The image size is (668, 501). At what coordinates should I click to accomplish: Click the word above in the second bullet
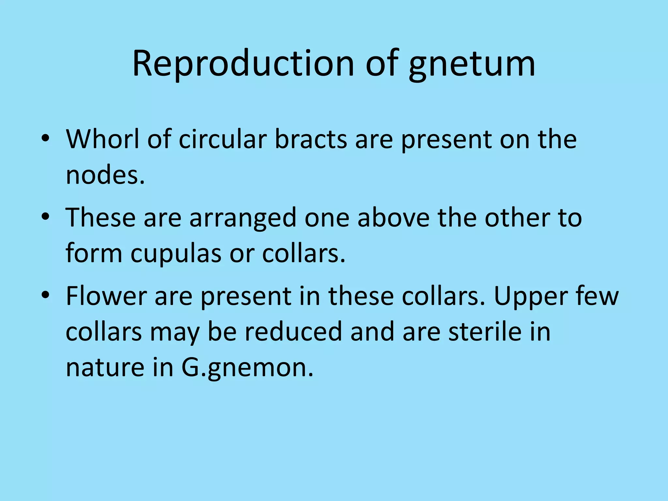coord(393,218)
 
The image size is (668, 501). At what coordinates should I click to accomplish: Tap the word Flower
coord(106,296)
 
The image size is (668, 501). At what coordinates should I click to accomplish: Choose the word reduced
coord(293,332)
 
